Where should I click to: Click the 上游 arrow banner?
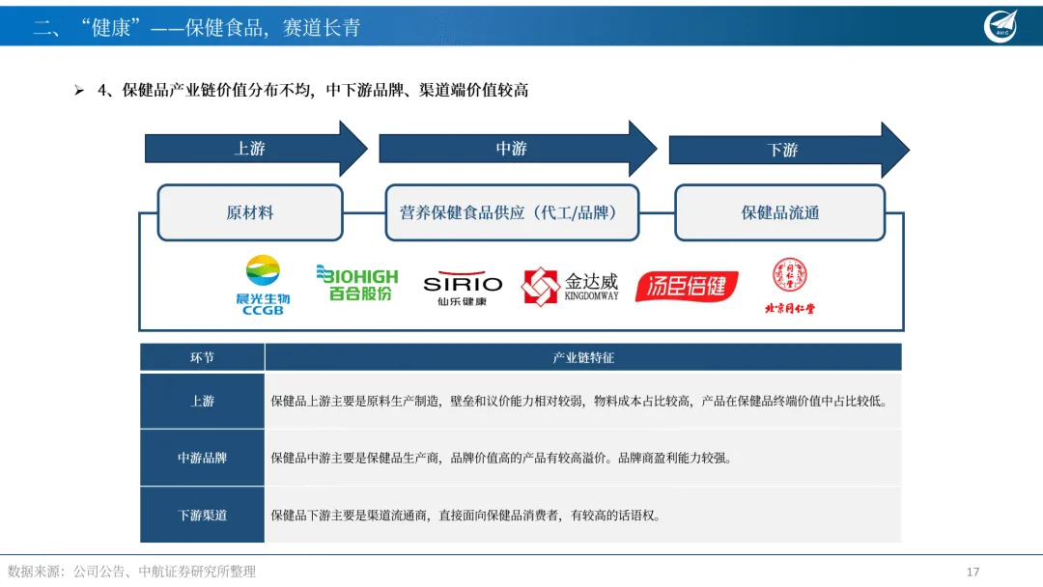[x=251, y=149]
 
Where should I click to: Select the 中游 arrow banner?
[x=512, y=149]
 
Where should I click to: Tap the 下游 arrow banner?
[x=783, y=150]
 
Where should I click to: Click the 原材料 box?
[x=250, y=212]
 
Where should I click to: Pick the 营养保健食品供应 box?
[x=512, y=212]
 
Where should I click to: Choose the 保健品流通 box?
[x=779, y=212]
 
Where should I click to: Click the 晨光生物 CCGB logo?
[x=263, y=285]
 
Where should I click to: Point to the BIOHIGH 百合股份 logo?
[x=356, y=283]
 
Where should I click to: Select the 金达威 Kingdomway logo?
[x=570, y=286]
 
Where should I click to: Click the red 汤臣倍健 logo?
[x=687, y=286]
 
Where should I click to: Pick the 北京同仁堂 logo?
[x=789, y=286]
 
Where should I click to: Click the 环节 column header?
[x=202, y=357]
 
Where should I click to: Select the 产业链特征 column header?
[x=583, y=357]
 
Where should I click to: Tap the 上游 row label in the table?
[x=202, y=401]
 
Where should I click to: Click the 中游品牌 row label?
[x=202, y=458]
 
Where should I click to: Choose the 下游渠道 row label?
[x=202, y=515]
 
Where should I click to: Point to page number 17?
[x=973, y=572]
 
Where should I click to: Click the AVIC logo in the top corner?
[x=1001, y=25]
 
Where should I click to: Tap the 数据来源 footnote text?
[x=132, y=572]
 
